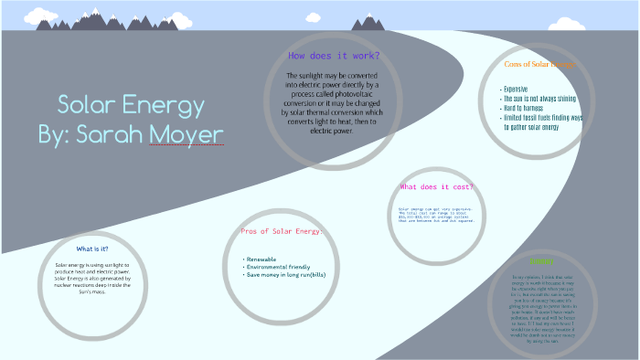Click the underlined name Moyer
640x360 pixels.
187,134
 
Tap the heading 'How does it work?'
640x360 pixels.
333,57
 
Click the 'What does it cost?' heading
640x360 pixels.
437,187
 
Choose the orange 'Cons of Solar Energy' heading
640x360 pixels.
538,65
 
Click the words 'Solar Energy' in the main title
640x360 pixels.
131,104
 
